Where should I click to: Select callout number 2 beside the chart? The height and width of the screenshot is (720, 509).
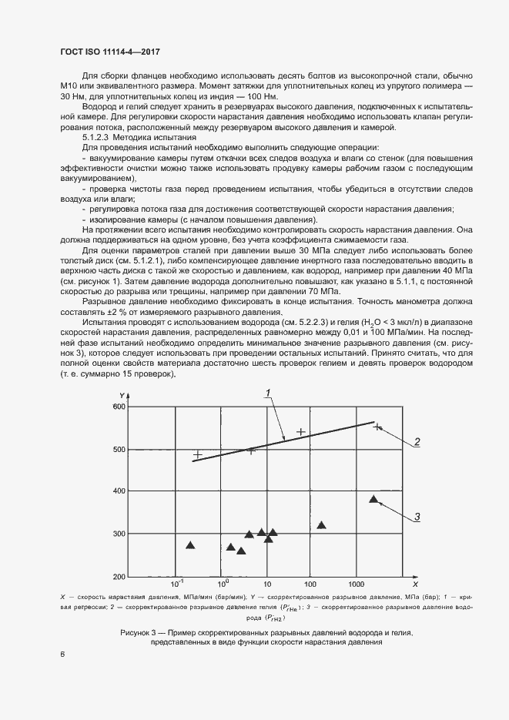pos(416,442)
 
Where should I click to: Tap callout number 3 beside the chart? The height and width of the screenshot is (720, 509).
pos(416,517)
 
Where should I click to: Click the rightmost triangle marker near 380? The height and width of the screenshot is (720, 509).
pos(374,500)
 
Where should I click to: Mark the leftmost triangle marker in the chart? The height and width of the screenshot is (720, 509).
pos(190,545)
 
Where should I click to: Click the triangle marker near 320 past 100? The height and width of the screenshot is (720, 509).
pos(321,525)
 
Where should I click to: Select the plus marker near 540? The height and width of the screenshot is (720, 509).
pos(301,432)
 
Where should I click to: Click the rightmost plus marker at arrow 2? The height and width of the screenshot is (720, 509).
pos(377,426)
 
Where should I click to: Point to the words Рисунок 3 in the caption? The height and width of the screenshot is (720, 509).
pos(141,632)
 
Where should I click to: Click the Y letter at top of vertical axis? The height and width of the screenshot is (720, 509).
pos(122,396)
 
